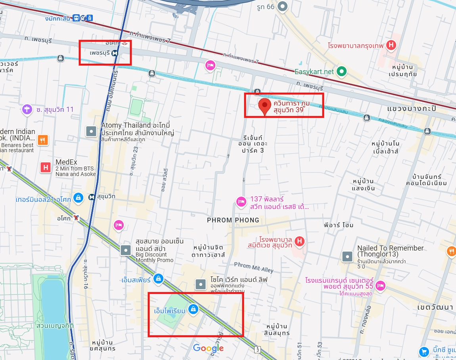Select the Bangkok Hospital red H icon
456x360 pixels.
point(391,46)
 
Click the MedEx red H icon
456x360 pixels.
point(46,167)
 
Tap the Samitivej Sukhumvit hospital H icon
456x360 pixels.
point(300,241)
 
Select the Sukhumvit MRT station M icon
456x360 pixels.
point(92,197)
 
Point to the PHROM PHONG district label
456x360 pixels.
point(233,220)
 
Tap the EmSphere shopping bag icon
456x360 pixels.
point(159,279)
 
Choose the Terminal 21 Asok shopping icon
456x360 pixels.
point(79,197)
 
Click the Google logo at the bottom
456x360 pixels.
point(209,349)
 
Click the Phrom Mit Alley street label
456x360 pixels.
point(254,268)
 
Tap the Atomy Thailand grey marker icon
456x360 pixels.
point(92,131)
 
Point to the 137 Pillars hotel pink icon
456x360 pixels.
point(241,202)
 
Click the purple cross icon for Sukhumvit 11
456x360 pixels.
point(27,109)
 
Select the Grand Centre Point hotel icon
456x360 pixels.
point(381,285)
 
